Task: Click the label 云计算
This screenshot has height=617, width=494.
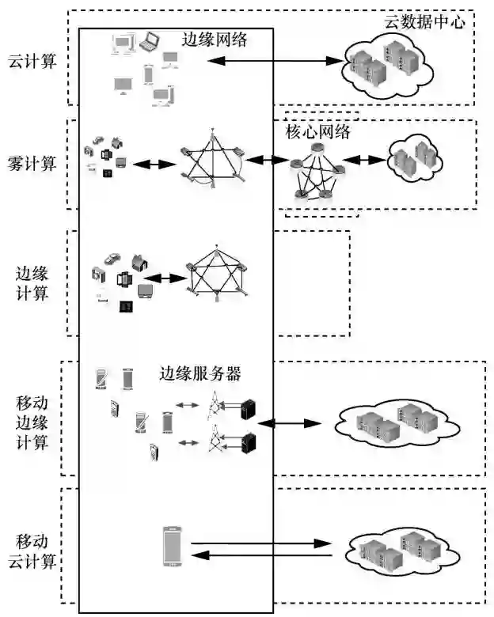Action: point(32,61)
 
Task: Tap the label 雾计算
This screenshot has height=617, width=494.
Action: point(32,164)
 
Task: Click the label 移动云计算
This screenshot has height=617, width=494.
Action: point(32,551)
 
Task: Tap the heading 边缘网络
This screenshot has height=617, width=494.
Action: point(215,40)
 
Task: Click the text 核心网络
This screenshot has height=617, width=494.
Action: point(317,131)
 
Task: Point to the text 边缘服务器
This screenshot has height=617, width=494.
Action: point(200,373)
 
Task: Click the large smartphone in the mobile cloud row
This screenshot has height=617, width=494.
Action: point(172,546)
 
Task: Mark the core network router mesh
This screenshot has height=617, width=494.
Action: point(317,172)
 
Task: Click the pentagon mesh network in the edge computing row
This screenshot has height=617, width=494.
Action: point(217,274)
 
